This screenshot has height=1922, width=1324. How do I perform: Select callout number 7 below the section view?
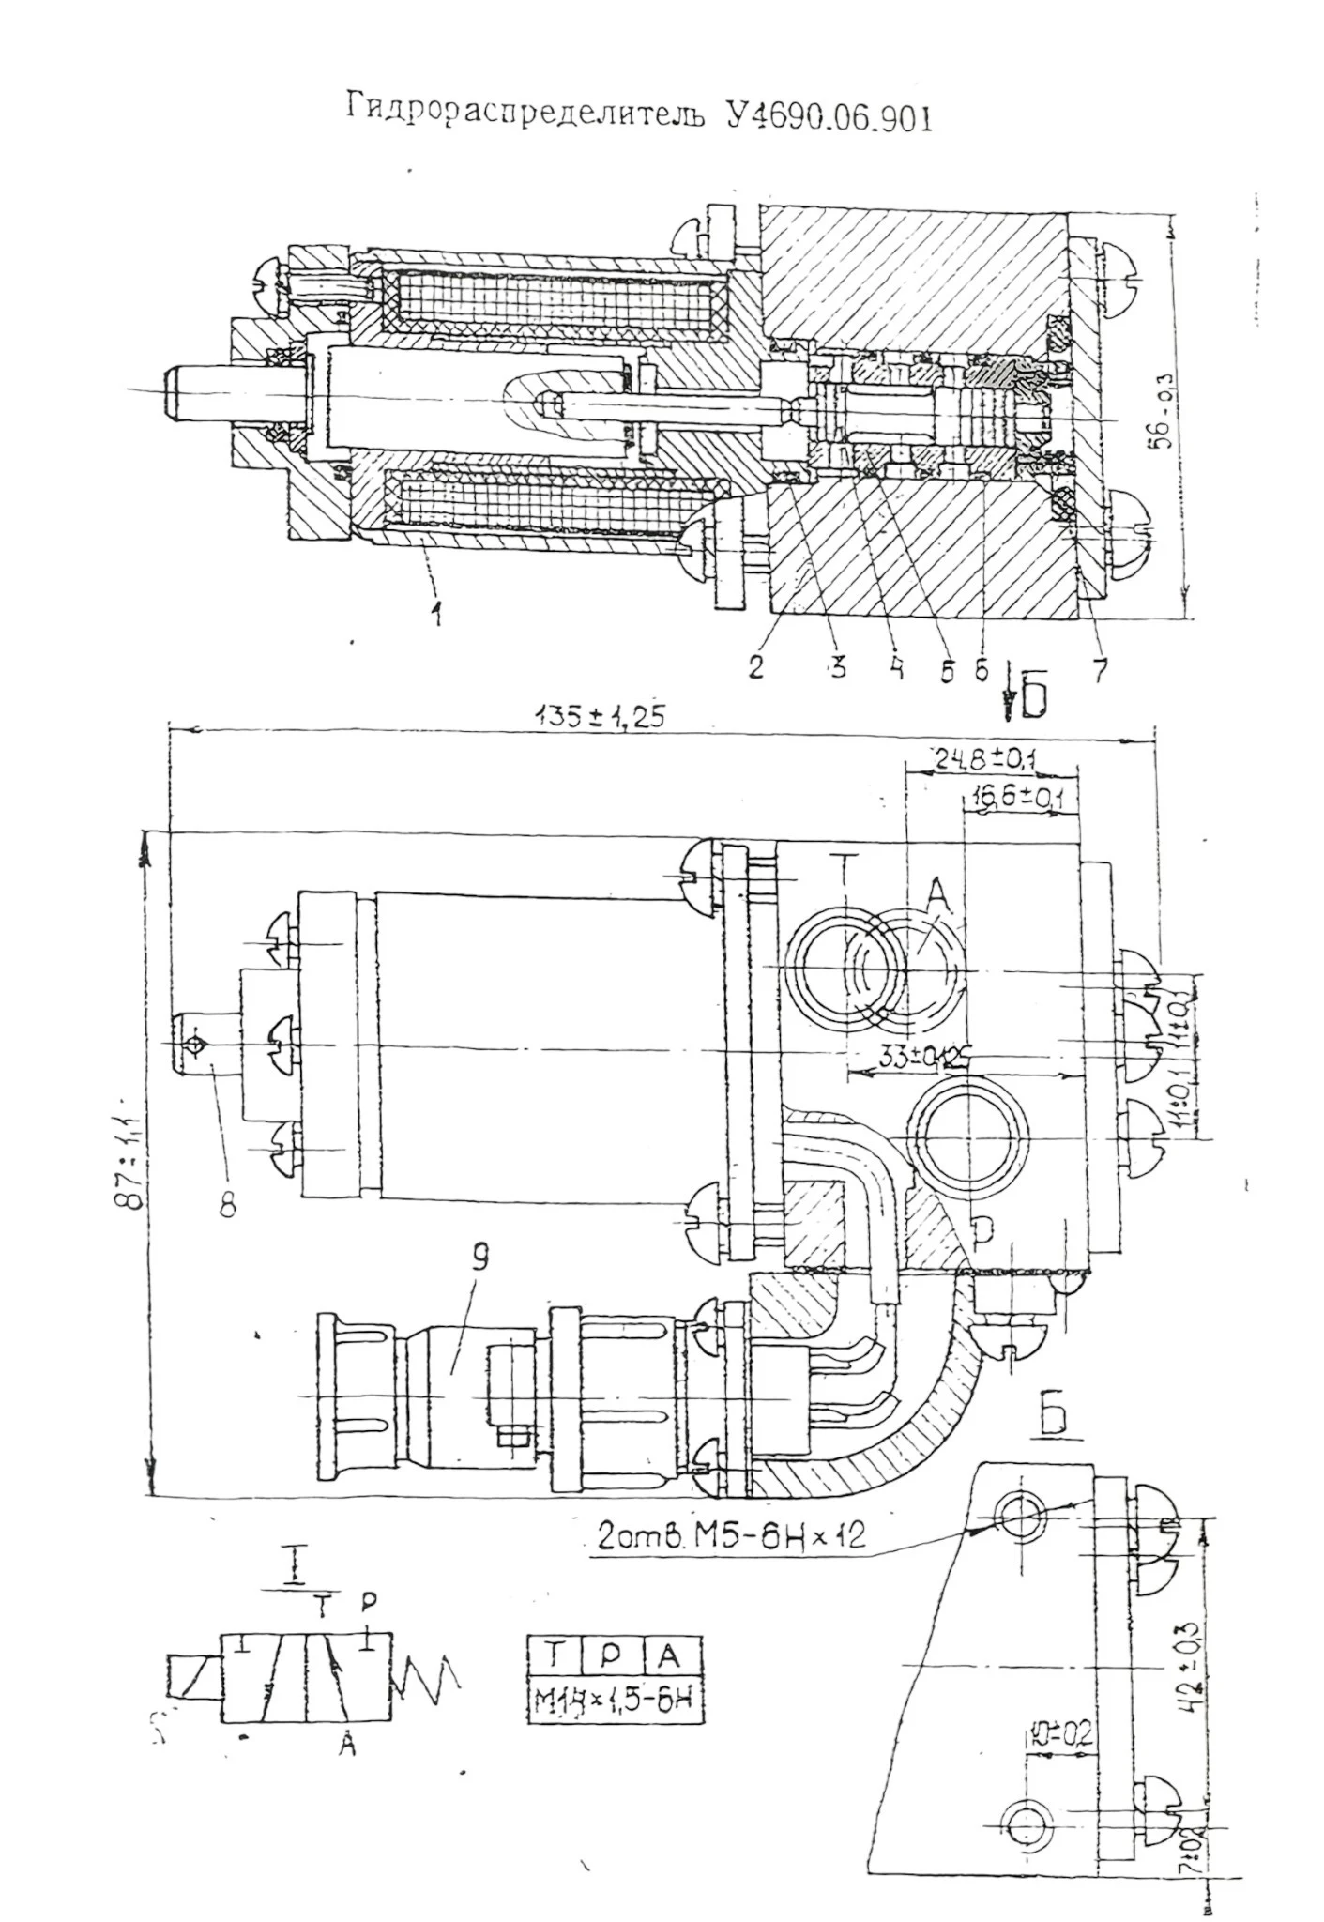1099,667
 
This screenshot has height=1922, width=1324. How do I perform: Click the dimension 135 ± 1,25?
601,717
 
